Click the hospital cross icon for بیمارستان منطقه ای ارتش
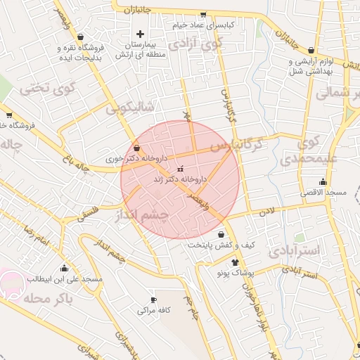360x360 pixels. (x=140, y=34)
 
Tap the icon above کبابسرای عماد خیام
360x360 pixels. (x=203, y=14)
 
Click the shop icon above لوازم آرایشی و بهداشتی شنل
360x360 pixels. (x=311, y=50)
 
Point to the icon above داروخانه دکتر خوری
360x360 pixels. (x=136, y=149)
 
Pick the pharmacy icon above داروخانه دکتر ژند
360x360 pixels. (x=179, y=169)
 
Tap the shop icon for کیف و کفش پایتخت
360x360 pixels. (x=221, y=235)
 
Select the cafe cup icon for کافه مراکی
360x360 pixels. (x=153, y=300)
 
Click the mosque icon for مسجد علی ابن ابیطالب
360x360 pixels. (x=65, y=268)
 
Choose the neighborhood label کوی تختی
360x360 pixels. (x=36, y=89)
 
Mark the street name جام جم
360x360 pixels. (x=191, y=308)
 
